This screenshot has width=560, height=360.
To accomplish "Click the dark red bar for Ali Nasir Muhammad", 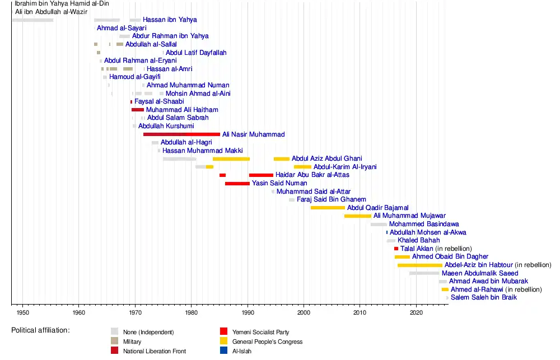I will point(181,134).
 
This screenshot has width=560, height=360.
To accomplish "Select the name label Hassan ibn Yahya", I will point(170,20).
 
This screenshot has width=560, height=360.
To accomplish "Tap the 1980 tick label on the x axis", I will point(191,311).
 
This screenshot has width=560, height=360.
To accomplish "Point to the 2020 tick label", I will point(416,311).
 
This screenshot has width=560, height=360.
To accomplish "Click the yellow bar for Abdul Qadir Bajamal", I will point(328,208).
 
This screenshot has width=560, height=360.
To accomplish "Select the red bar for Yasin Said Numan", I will point(237,183).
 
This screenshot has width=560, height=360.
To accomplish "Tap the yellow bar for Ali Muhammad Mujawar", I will point(357,216).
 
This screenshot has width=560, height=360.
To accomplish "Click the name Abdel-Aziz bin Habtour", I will point(478,265).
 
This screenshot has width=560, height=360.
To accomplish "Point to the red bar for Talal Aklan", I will point(396,249).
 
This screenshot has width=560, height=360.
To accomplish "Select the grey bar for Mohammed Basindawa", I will point(379,225).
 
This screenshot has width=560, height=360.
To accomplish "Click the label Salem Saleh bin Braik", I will point(483,297).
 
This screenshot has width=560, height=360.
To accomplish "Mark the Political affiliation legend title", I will point(40,330).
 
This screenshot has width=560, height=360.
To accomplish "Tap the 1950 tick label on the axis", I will point(22,311).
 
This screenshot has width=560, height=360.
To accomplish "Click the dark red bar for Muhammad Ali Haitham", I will point(138,110).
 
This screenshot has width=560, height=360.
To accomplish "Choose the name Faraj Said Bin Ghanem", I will point(331,199).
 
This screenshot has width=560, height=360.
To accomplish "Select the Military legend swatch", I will point(114,342).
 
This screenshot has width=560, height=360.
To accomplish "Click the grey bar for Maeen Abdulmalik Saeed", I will point(424,273).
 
